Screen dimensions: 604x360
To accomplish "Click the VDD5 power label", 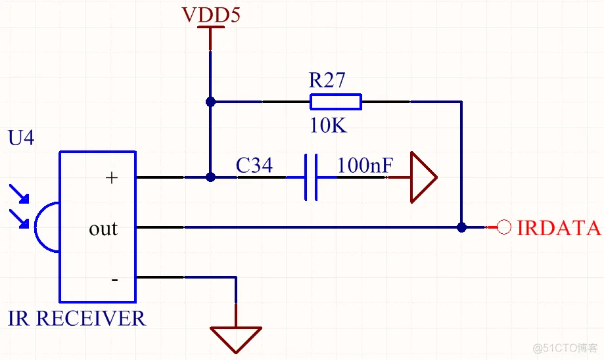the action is point(211,14).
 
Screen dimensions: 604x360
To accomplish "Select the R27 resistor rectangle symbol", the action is point(335,102).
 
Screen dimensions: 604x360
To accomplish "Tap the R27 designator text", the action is point(327,80).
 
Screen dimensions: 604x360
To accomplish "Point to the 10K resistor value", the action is point(328,125).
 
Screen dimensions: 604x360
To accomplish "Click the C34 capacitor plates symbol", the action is point(311,177).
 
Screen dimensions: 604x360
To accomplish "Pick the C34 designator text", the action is point(254,165).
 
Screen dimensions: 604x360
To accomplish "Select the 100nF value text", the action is point(365,165).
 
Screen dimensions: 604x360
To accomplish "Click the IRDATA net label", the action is point(559,228).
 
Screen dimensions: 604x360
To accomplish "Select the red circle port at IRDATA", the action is point(504,227).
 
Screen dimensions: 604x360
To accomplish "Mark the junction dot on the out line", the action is point(461,227).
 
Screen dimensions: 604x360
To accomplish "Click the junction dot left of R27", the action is point(210,102).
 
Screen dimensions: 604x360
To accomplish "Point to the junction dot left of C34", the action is point(210,177).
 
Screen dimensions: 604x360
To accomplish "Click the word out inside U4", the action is point(103,229).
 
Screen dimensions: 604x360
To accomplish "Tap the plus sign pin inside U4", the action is point(111,177).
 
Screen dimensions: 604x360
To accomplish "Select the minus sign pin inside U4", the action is point(114,280).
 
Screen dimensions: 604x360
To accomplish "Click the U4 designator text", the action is point(21,137).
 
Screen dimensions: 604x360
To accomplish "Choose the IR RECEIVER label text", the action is point(77,319).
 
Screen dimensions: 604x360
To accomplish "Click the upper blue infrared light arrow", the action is point(19,194).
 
